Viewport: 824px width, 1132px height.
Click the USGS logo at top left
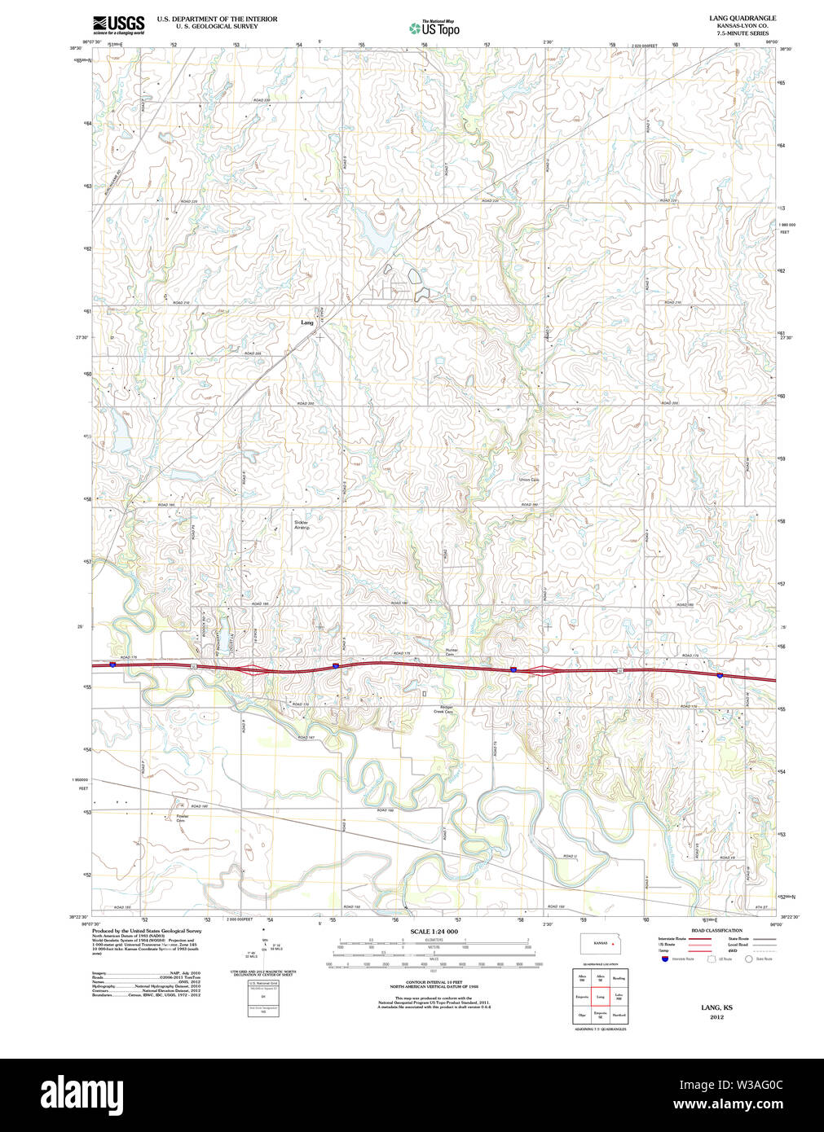pyautogui.click(x=118, y=24)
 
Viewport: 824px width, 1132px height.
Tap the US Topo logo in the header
pyautogui.click(x=434, y=29)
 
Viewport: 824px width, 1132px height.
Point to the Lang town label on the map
pyautogui.click(x=306, y=322)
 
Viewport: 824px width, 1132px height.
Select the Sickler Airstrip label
pyautogui.click(x=302, y=525)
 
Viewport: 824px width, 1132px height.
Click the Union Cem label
pyautogui.click(x=529, y=480)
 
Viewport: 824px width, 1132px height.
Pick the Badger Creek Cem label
pyautogui.click(x=443, y=709)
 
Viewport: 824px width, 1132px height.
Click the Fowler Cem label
pyautogui.click(x=182, y=818)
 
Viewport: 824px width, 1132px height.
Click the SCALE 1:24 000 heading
pyautogui.click(x=434, y=932)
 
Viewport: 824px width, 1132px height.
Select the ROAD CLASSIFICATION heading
pyautogui.click(x=716, y=930)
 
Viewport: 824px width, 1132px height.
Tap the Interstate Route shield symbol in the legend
pyautogui.click(x=665, y=959)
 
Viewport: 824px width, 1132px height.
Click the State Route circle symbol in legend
pyautogui.click(x=748, y=959)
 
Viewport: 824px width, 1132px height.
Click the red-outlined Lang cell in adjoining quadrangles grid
pyautogui.click(x=601, y=996)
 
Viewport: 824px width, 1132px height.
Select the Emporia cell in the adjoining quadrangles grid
pyautogui.click(x=582, y=996)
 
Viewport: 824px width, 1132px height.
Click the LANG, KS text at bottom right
pyautogui.click(x=716, y=1007)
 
